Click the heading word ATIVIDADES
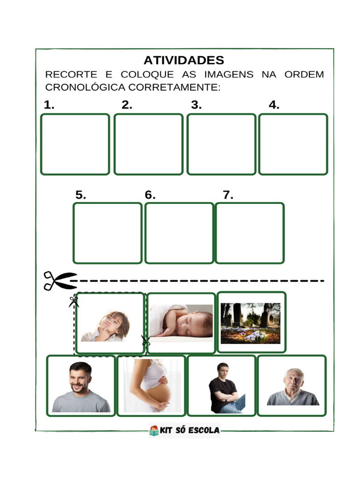pos(184,60)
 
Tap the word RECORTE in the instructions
pos(71,75)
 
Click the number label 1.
pos(49,105)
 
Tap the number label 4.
pos(274,105)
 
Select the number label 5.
pos(81,195)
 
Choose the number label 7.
pos(228,195)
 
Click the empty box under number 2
pos(148,144)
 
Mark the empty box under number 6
pos(179,233)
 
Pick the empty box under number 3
pos(221,144)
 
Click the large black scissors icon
pos(60,280)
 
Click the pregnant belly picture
pos(151,386)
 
